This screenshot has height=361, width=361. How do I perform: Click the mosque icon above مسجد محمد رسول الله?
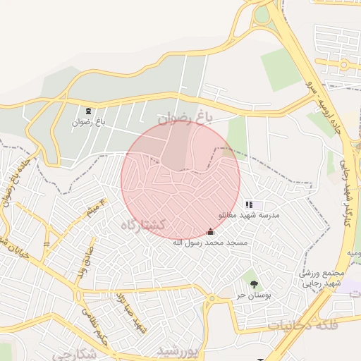point(209,232)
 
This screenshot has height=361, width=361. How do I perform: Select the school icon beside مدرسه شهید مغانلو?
point(248,204)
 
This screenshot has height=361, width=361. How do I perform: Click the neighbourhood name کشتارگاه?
point(142,225)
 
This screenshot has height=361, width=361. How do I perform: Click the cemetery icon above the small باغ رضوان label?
point(88,111)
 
